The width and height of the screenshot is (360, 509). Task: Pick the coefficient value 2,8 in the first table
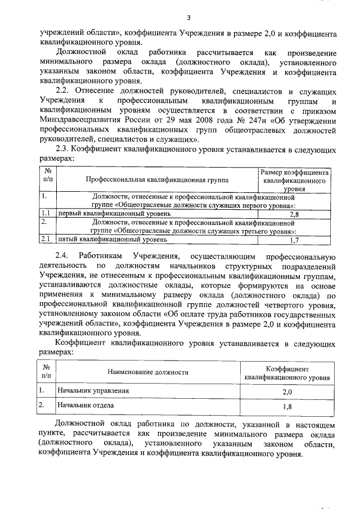294,214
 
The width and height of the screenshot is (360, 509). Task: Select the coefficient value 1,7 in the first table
294,240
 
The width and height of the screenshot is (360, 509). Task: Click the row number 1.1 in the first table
47,214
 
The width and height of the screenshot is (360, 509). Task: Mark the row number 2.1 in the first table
47,240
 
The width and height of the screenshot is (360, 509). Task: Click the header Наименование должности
148,372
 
